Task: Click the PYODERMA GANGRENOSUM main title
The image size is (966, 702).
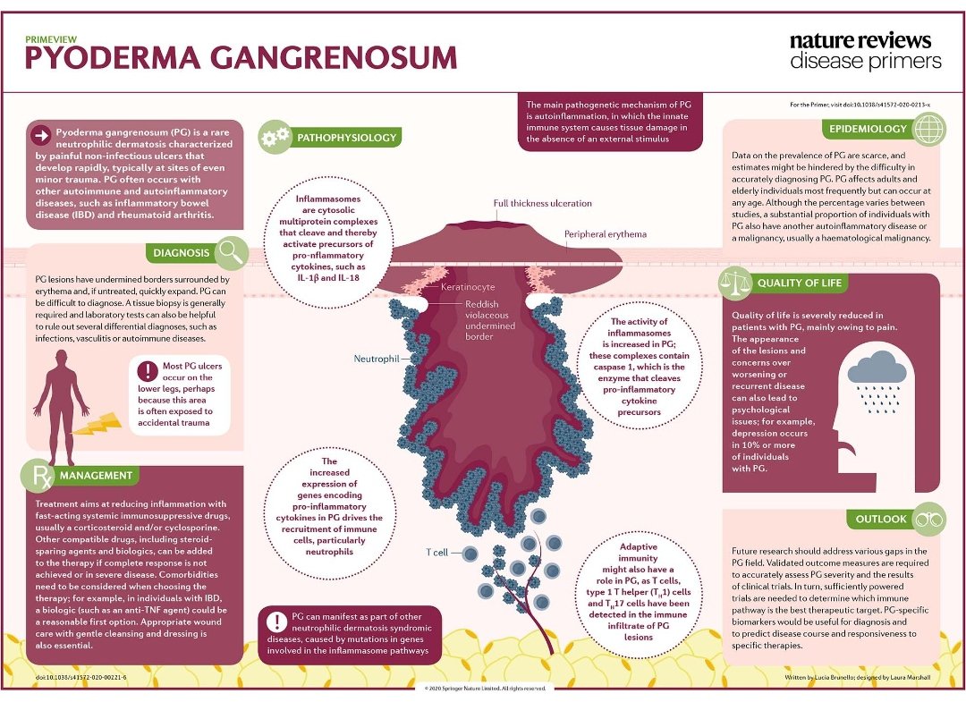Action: click(240, 57)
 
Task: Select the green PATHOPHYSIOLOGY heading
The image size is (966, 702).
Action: click(345, 138)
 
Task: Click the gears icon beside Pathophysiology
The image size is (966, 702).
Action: click(274, 138)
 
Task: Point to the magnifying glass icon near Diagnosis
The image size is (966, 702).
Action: click(232, 252)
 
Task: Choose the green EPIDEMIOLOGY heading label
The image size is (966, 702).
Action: click(867, 129)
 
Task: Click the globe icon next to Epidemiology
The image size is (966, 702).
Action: click(929, 130)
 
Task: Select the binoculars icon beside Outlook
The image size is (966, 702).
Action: click(930, 519)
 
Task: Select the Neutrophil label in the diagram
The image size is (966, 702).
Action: click(377, 359)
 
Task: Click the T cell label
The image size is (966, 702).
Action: click(437, 552)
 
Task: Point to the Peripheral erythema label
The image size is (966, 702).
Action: click(606, 234)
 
